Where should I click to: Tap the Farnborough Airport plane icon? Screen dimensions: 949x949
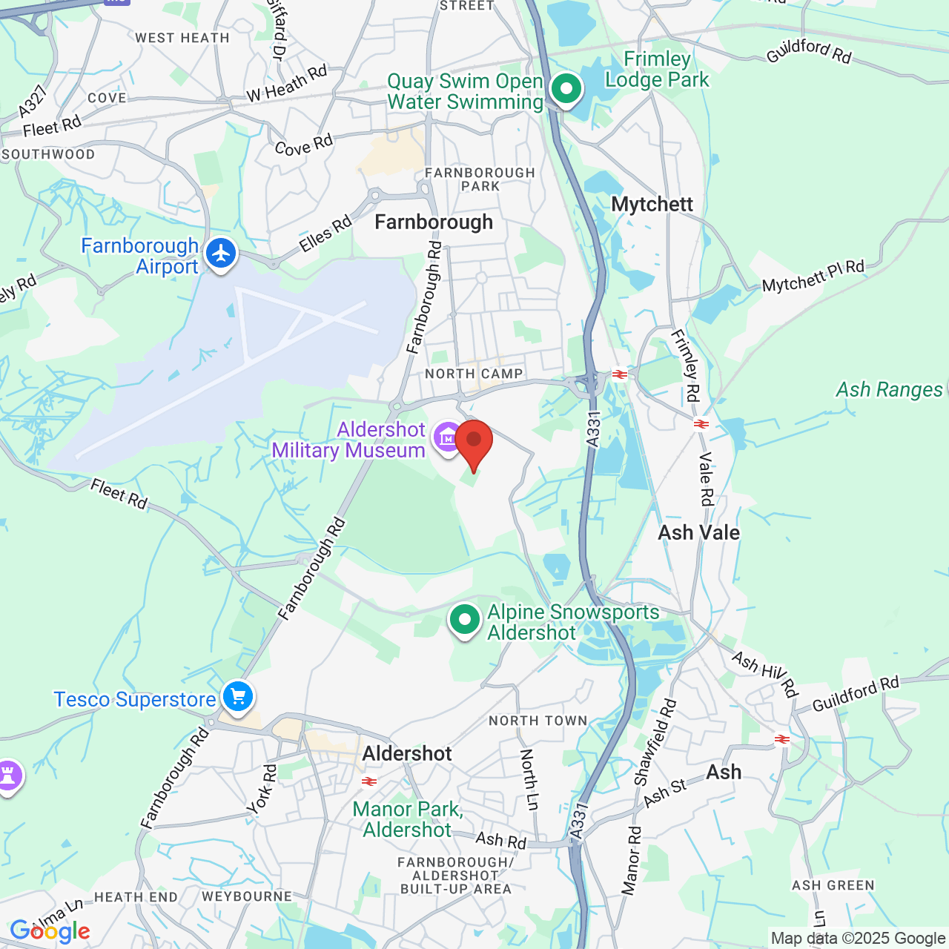tap(221, 254)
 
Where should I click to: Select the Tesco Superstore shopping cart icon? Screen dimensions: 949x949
tap(238, 697)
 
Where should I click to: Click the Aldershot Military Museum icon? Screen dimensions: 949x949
tap(448, 437)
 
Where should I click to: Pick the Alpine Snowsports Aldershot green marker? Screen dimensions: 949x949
tap(465, 619)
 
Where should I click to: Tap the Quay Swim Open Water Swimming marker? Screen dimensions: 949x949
tap(566, 90)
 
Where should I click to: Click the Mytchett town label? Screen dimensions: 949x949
tap(652, 205)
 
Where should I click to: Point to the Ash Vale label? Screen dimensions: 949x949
tap(698, 532)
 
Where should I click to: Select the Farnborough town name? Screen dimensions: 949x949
tap(434, 222)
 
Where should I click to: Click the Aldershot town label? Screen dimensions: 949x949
tap(407, 753)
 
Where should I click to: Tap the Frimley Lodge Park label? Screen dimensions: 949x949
tap(657, 69)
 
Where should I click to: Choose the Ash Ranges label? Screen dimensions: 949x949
tap(889, 389)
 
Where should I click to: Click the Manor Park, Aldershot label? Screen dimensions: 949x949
tap(408, 819)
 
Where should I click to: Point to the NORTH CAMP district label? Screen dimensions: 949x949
tap(474, 374)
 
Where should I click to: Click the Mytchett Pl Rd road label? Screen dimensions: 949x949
tap(813, 276)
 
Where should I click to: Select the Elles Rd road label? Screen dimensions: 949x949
tap(325, 234)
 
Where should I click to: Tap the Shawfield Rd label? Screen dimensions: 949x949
tap(655, 741)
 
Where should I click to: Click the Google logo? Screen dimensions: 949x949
tap(50, 931)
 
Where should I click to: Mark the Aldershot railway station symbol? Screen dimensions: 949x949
tap(368, 781)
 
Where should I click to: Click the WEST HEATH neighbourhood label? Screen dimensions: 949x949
tap(182, 38)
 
